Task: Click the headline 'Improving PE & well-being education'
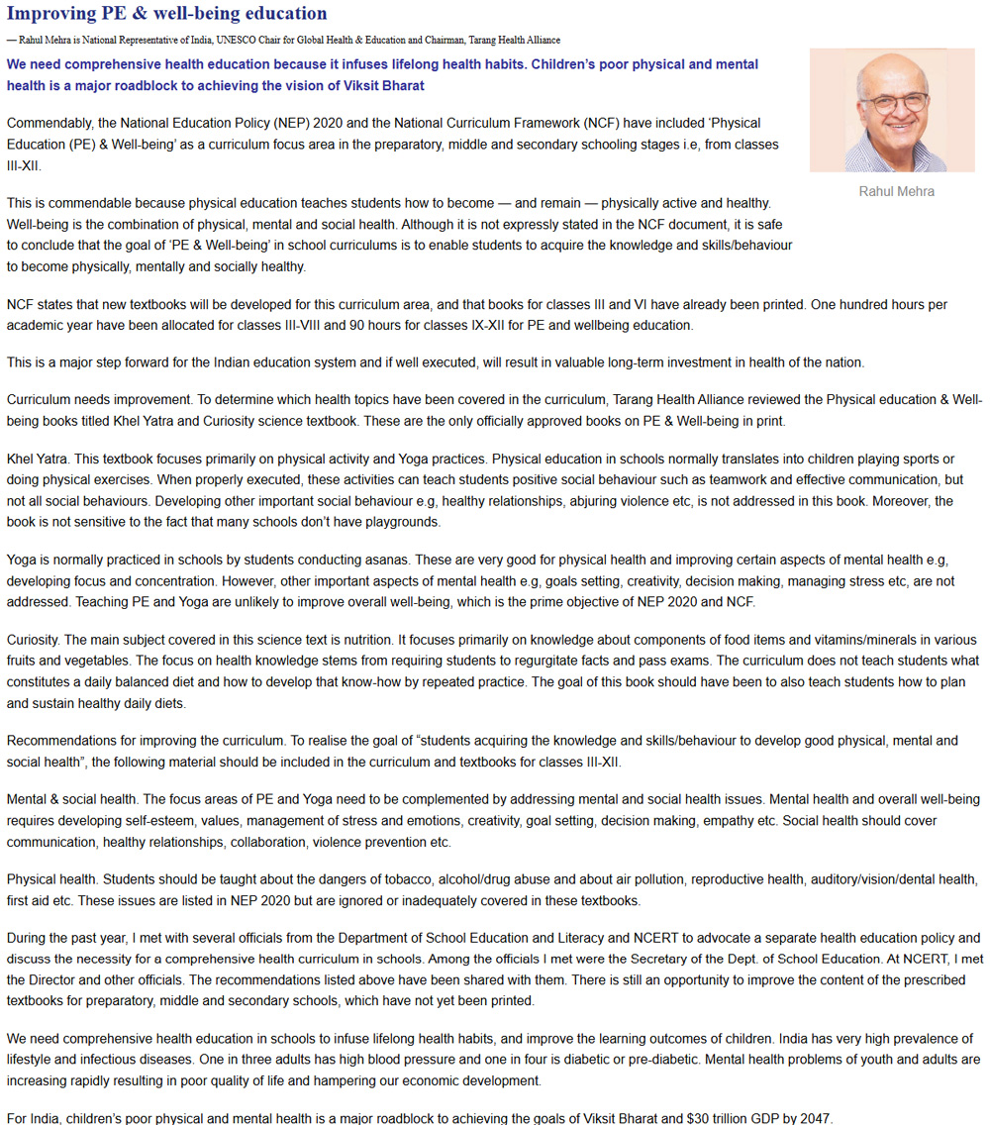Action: (166, 14)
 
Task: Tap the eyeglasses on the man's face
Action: (894, 103)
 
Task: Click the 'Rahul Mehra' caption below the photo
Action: (896, 191)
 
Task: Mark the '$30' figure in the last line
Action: (702, 1118)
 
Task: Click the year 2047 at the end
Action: (814, 1118)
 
